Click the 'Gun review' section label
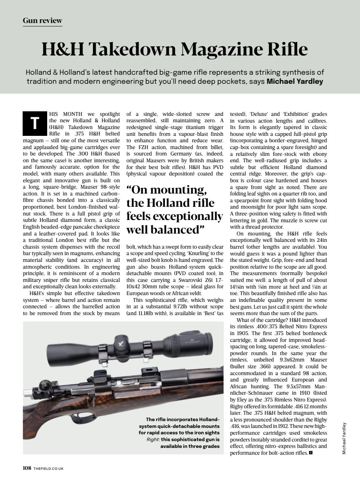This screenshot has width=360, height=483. pyautogui.click(x=42, y=20)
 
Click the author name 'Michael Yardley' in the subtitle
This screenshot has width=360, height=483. pyautogui.click(x=295, y=81)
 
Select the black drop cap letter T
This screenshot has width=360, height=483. pyautogui.click(x=35, y=123)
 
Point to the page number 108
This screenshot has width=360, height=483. pyautogui.click(x=27, y=468)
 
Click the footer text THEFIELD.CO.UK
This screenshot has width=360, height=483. pyautogui.click(x=48, y=468)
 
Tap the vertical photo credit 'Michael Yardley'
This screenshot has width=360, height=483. pyautogui.click(x=344, y=438)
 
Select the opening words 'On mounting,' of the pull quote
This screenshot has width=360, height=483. pyautogui.click(x=166, y=189)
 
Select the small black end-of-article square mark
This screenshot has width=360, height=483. pyautogui.click(x=311, y=452)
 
